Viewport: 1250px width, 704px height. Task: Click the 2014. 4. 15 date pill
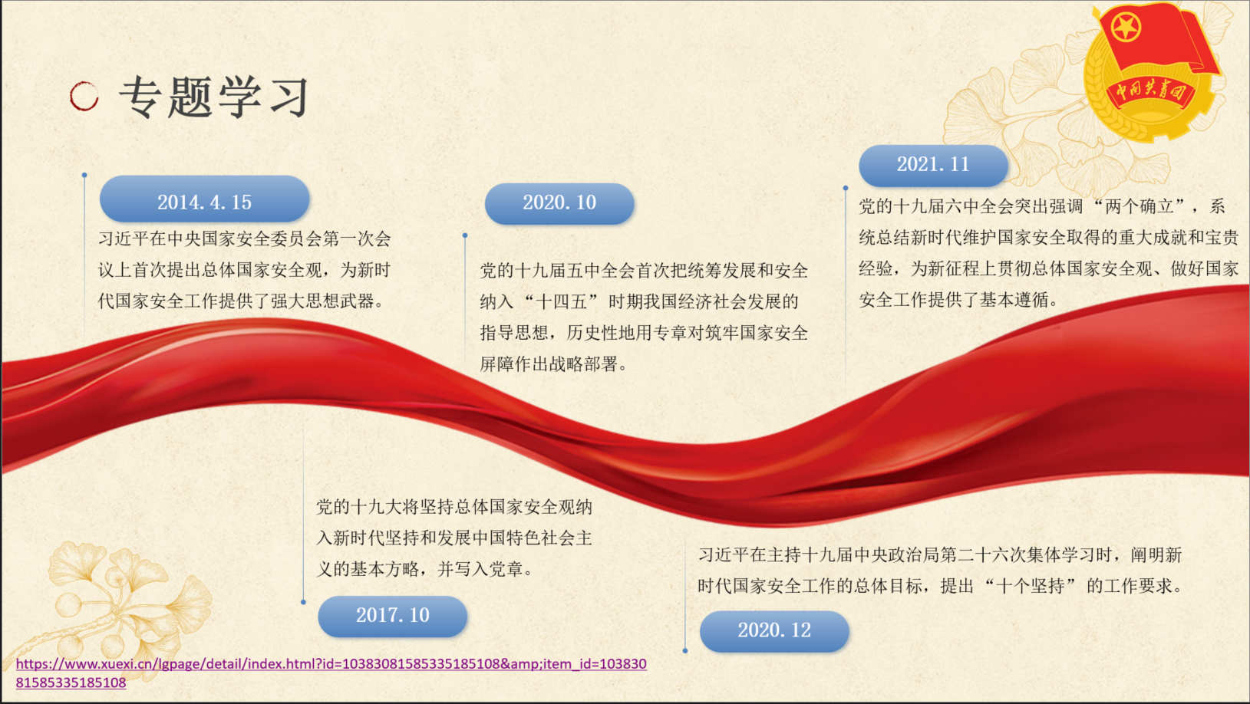pyautogui.click(x=204, y=199)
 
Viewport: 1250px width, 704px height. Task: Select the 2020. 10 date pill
pyautogui.click(x=559, y=204)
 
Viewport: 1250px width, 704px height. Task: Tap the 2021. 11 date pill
pyautogui.click(x=933, y=166)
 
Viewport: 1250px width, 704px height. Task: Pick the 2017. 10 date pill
pyautogui.click(x=392, y=617)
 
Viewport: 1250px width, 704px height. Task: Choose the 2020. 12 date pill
pyautogui.click(x=774, y=631)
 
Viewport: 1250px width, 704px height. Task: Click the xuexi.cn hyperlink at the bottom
pyautogui.click(x=331, y=673)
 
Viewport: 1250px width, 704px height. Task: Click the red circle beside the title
pyautogui.click(x=84, y=96)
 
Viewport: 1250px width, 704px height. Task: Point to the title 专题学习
pyautogui.click(x=214, y=97)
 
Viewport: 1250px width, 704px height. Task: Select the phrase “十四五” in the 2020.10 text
pyautogui.click(x=562, y=302)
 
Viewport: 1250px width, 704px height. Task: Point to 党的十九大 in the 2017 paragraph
pyautogui.click(x=359, y=507)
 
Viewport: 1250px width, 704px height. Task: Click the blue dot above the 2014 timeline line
pyautogui.click(x=84, y=175)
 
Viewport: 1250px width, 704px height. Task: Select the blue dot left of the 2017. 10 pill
pyautogui.click(x=303, y=602)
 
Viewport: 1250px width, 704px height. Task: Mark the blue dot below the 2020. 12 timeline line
pyautogui.click(x=685, y=650)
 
